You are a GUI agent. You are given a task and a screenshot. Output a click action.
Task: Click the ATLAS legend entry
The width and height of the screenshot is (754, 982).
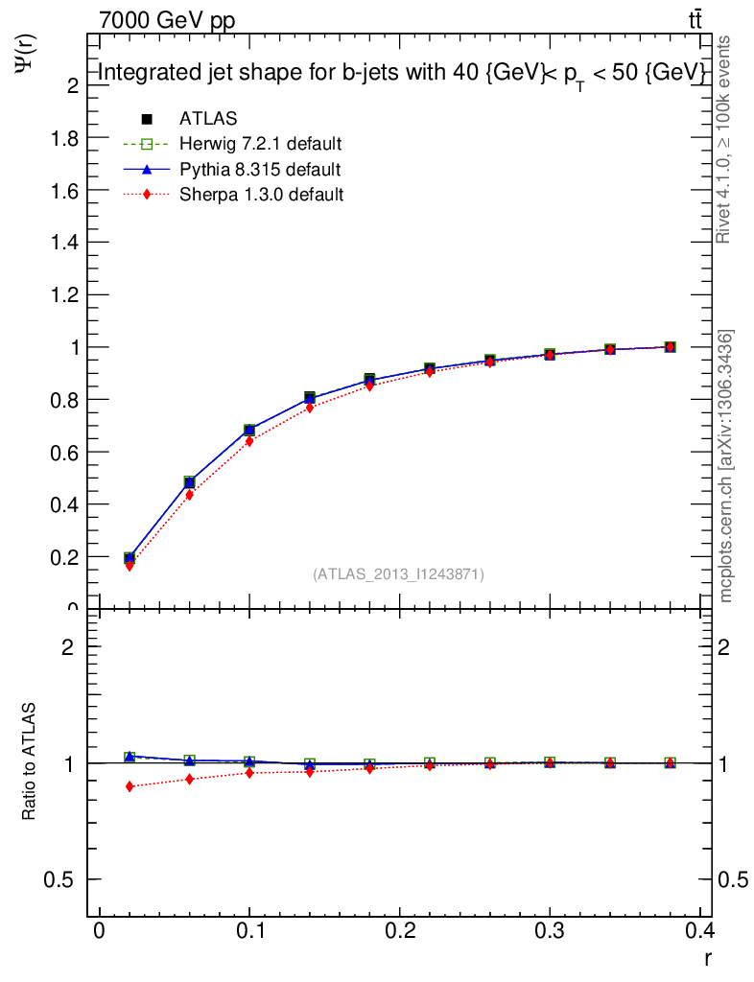pos(208,119)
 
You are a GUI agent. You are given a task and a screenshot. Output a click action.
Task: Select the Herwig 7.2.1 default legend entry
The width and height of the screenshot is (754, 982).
pos(260,145)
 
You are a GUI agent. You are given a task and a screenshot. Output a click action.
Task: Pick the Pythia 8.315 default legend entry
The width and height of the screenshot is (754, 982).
pos(260,170)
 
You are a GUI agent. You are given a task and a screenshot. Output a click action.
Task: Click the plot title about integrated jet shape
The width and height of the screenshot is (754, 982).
pos(403,74)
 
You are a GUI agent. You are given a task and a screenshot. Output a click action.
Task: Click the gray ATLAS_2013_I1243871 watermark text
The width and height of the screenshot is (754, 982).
pos(398,574)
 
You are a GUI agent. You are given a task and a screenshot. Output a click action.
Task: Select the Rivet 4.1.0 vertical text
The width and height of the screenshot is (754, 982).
pos(724,139)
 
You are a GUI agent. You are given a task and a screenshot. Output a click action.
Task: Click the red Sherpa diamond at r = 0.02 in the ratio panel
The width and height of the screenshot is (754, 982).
pos(130,786)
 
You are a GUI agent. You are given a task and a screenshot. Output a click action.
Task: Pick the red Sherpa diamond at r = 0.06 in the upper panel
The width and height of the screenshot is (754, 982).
pos(189,495)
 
